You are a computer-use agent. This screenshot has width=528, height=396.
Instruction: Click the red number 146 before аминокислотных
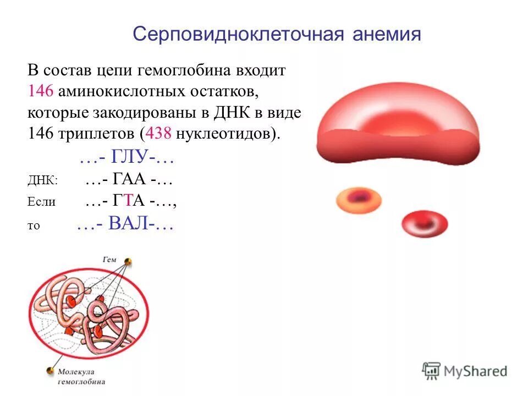click(x=38, y=92)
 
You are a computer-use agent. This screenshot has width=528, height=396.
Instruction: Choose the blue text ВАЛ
click(x=130, y=224)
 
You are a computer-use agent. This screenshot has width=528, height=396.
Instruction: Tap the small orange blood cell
click(x=359, y=201)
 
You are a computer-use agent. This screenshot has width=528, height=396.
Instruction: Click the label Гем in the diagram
click(x=109, y=258)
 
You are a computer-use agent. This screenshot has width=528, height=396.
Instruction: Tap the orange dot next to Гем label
click(x=128, y=262)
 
